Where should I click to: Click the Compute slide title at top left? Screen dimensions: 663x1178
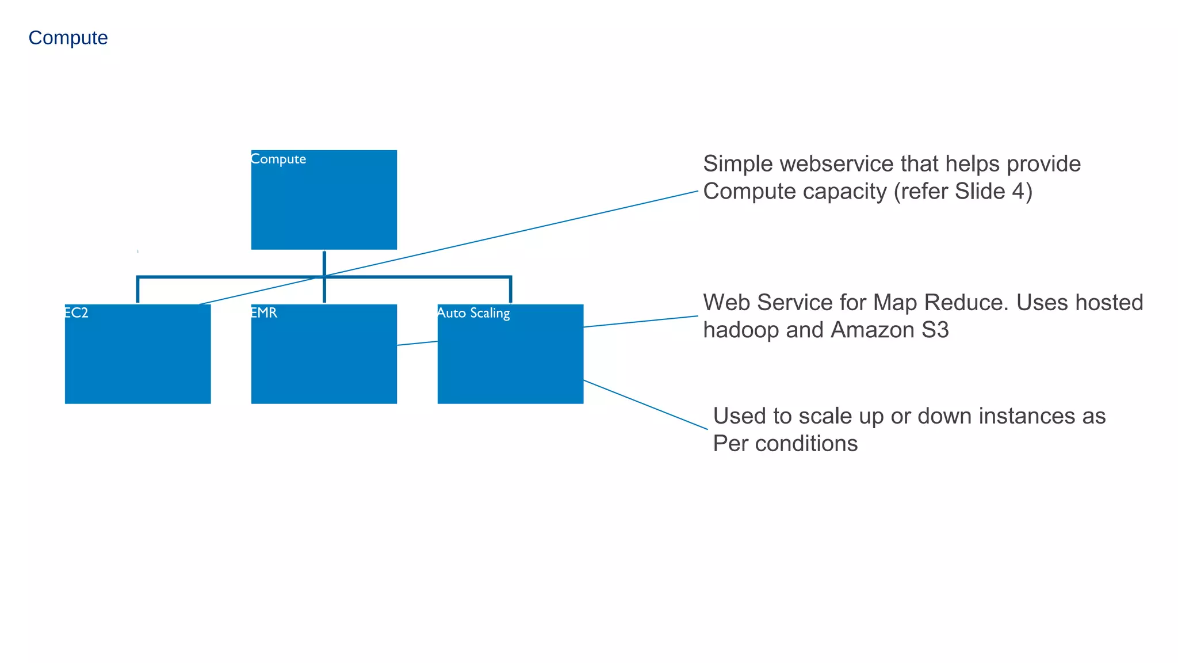pyautogui.click(x=68, y=38)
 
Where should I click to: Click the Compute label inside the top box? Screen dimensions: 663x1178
pyautogui.click(x=278, y=159)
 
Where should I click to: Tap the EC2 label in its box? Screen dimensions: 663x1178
pyautogui.click(x=76, y=313)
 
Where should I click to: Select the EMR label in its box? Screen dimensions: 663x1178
pyautogui.click(x=264, y=313)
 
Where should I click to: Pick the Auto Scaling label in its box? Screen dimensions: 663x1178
pyautogui.click(x=473, y=314)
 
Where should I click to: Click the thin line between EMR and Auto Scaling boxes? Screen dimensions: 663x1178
pyautogui.click(x=418, y=343)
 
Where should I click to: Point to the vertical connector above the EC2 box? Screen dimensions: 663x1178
pyautogui.click(x=138, y=289)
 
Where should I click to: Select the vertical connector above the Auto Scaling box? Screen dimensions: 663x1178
pyautogui.click(x=510, y=289)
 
